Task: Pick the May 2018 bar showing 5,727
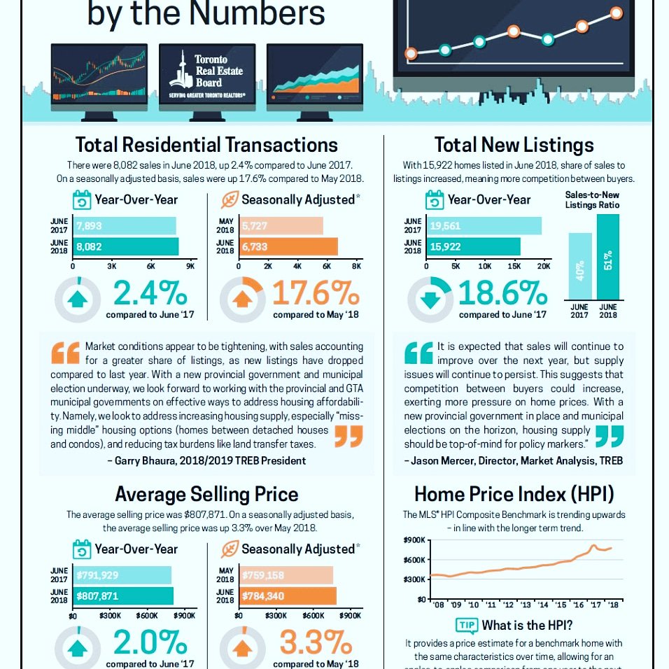tap(281, 226)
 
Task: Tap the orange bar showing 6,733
tap(288, 246)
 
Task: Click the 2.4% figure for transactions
tap(150, 294)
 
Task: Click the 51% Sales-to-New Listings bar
tap(608, 256)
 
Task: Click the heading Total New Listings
tap(514, 145)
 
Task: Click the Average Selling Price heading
tap(206, 494)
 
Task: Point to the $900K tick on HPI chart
tap(416, 540)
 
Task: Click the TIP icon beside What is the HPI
tap(466, 626)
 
